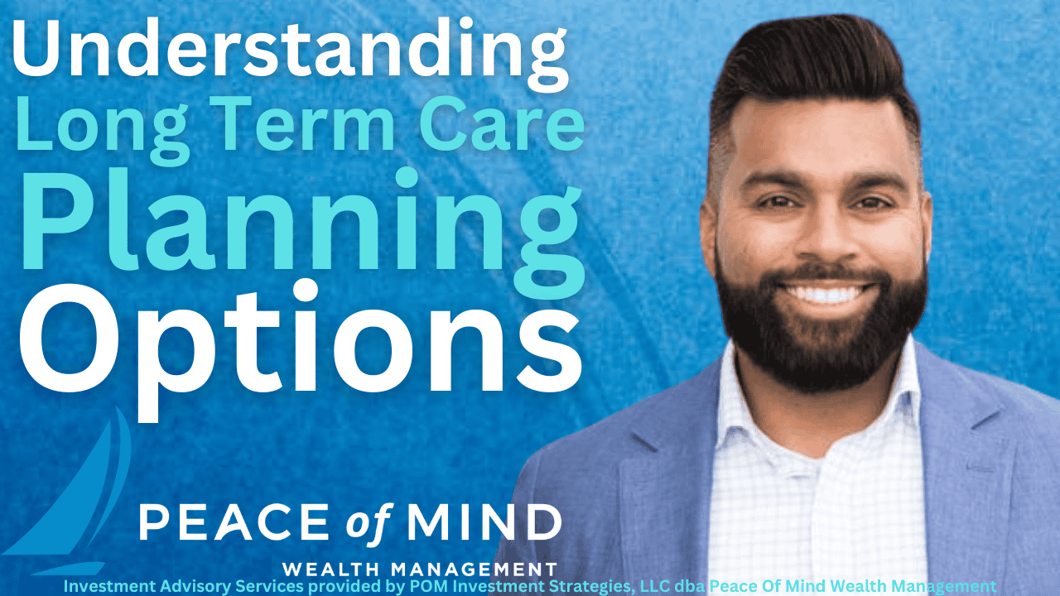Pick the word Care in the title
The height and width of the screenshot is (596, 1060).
coord(502,123)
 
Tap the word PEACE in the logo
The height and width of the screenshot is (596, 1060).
coord(234,521)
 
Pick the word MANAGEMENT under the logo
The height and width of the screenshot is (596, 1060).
coord(475,569)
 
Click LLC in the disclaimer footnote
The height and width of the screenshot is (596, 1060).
coord(654,586)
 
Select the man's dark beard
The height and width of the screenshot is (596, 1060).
coord(822,331)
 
